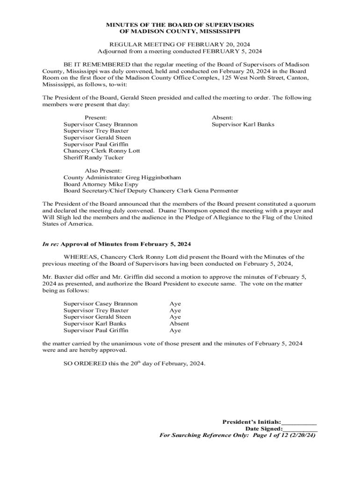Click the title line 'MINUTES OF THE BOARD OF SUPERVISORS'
[x=180, y=24]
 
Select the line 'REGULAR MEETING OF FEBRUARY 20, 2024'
[x=180, y=44]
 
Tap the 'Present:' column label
[x=95, y=118]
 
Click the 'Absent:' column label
[x=222, y=118]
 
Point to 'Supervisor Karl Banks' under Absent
[x=243, y=124]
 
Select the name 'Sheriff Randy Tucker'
[x=94, y=158]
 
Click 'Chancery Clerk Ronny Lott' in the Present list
[x=101, y=151]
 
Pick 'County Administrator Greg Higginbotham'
[x=122, y=178]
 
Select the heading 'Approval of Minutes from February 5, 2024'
[x=126, y=245]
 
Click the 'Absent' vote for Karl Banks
[x=179, y=324]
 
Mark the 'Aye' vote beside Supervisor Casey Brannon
[x=175, y=304]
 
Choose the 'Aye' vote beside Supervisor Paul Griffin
[x=175, y=330]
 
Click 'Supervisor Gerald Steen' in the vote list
[x=97, y=317]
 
